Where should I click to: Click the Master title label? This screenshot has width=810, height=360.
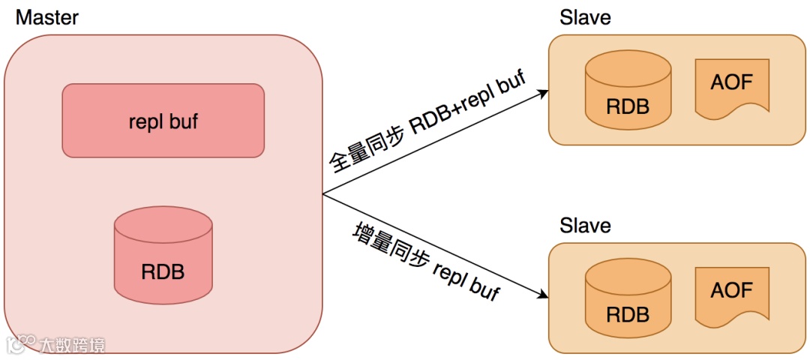[47, 17]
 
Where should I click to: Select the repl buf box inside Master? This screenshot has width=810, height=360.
[163, 121]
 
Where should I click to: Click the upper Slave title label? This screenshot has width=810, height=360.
[585, 17]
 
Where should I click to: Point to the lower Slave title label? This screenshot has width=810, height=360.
[585, 225]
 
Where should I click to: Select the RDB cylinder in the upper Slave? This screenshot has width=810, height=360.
[627, 92]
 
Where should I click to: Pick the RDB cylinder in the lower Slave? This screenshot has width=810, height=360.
[627, 300]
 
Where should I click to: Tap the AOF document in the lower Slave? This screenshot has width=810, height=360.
[731, 296]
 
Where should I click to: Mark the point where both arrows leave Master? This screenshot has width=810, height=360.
[323, 194]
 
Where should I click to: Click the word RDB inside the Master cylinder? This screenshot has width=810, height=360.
[163, 271]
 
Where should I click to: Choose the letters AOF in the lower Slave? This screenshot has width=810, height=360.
[731, 290]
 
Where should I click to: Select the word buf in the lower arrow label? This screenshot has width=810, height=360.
[484, 289]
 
